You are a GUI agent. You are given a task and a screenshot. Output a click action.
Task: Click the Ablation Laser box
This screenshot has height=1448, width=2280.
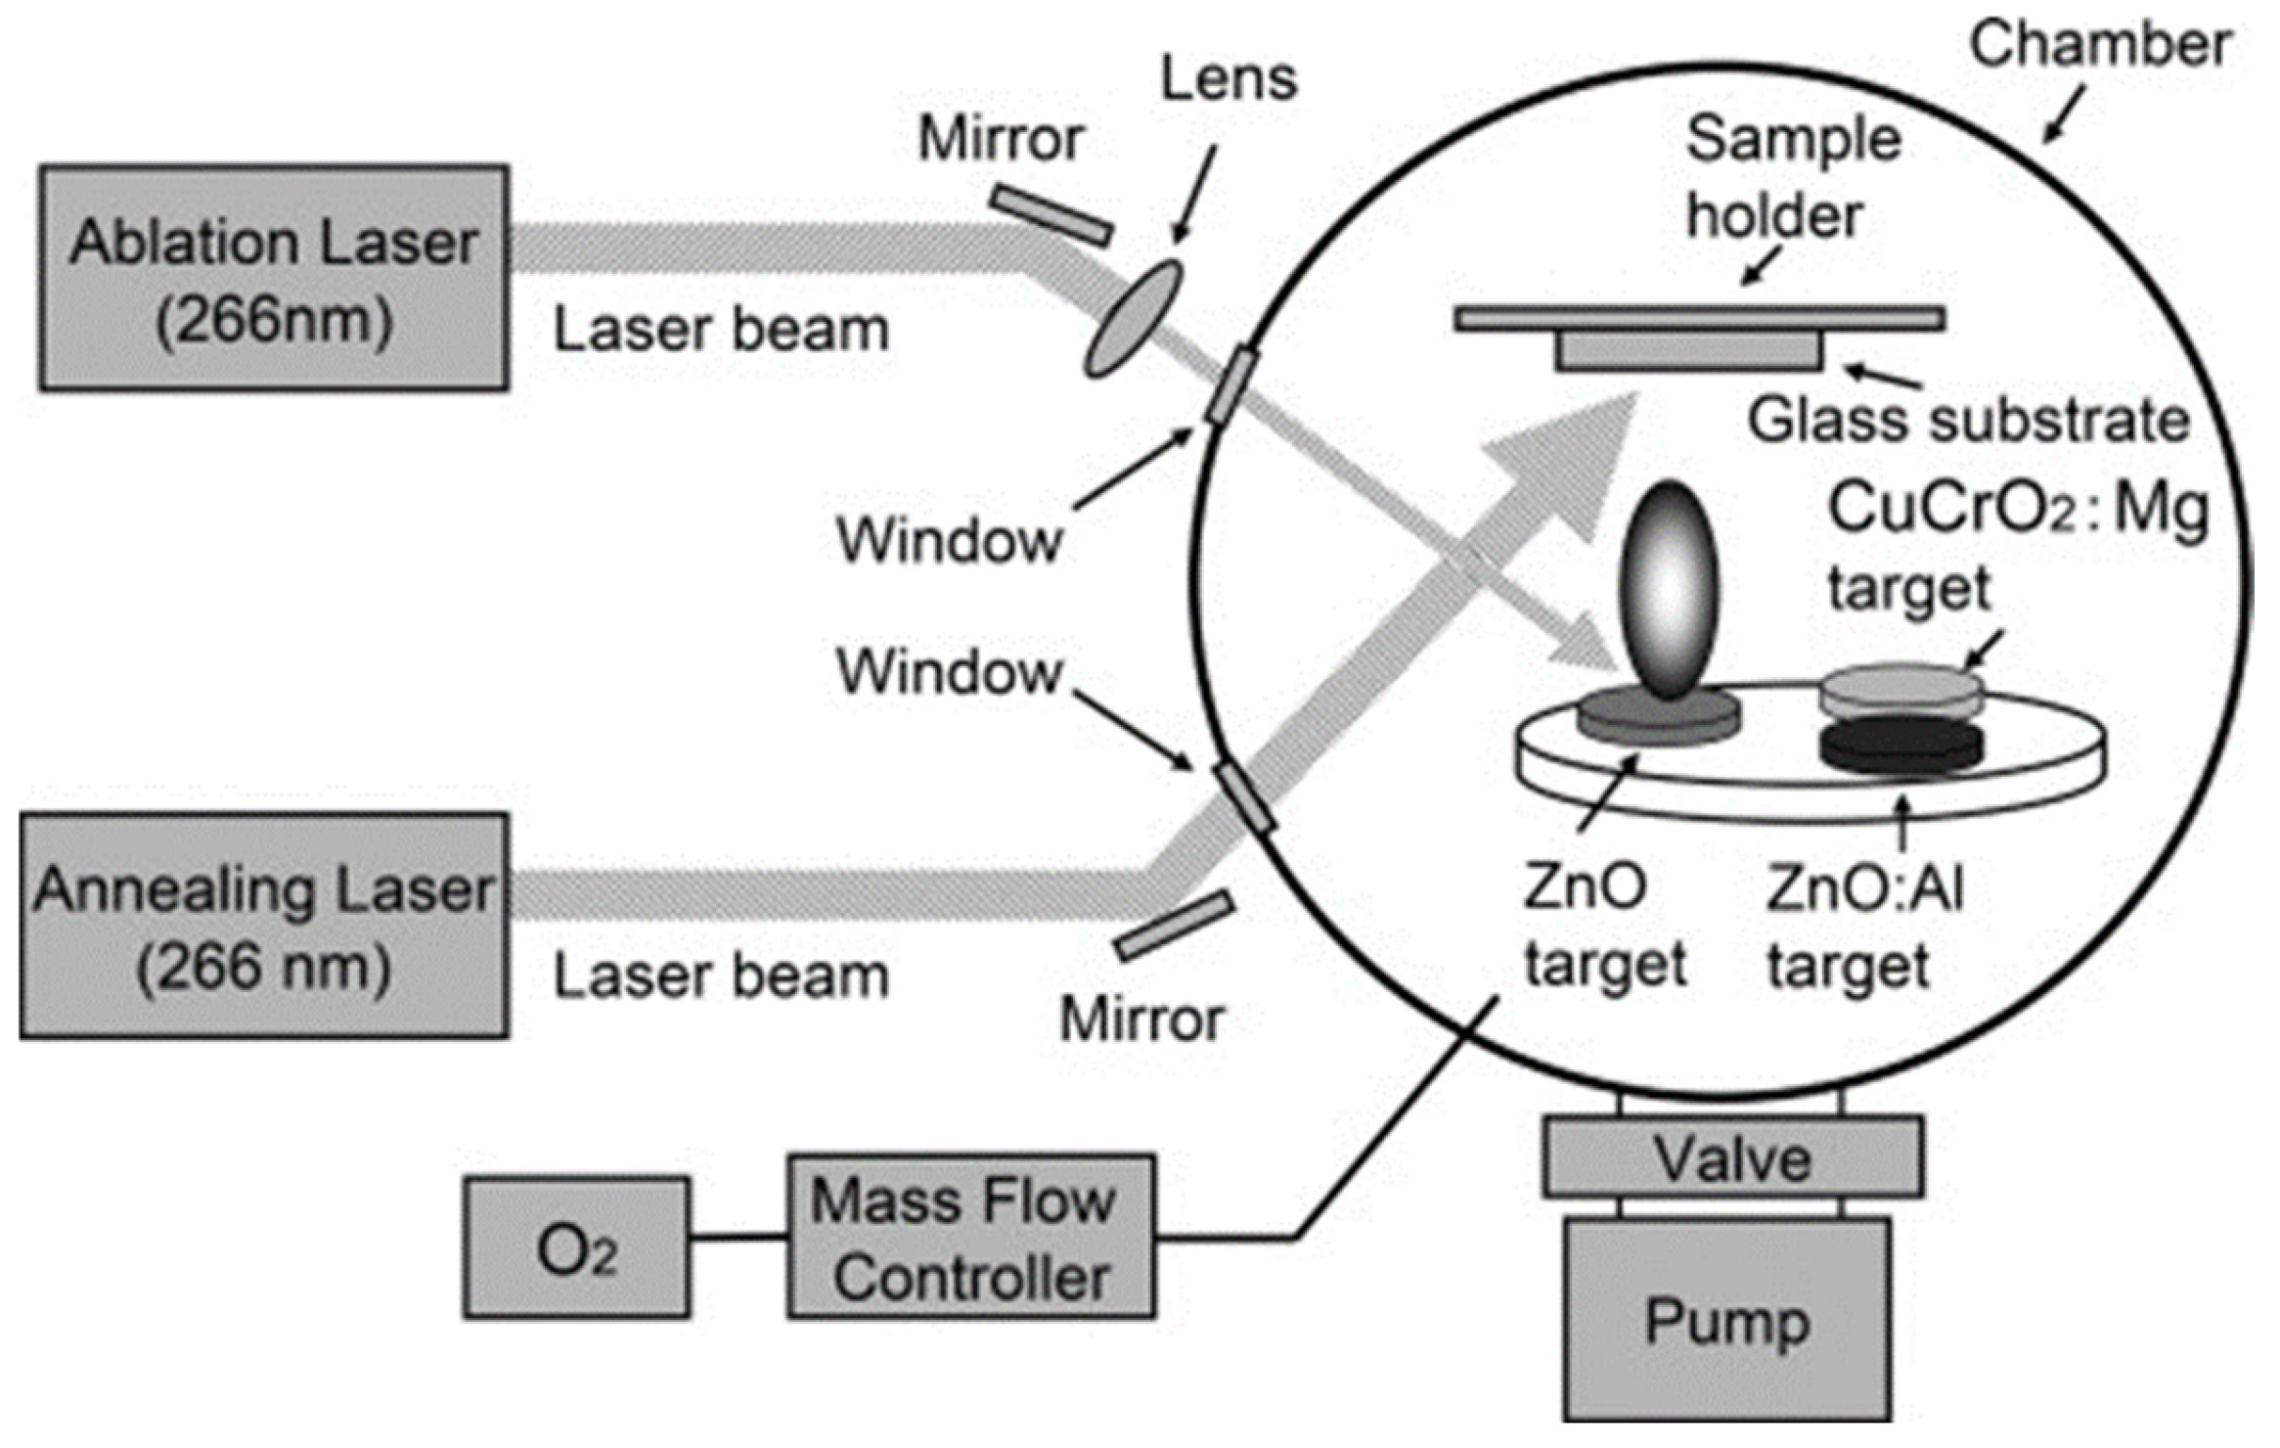click(x=274, y=278)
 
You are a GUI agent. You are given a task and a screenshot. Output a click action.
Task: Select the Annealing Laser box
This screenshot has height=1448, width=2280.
click(x=264, y=925)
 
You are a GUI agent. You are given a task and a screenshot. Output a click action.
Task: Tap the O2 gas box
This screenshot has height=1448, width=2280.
click(x=576, y=1247)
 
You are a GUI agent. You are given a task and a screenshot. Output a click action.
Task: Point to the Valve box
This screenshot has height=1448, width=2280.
click(x=1731, y=1157)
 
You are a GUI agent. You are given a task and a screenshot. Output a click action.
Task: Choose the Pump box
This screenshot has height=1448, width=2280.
click(x=1726, y=1319)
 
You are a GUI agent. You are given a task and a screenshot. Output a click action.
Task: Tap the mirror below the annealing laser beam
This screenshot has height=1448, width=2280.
click(x=1174, y=925)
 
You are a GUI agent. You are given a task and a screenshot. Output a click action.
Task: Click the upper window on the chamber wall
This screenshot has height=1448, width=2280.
click(x=1230, y=386)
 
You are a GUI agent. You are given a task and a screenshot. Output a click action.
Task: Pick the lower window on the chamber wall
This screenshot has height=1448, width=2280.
click(x=1245, y=797)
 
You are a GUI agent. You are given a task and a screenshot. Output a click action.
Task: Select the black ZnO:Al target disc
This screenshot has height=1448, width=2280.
click(x=1900, y=746)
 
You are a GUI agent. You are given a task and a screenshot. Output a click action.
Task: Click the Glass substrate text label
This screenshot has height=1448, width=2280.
click(x=1967, y=421)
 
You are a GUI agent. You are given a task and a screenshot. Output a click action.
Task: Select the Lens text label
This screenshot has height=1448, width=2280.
click(x=1229, y=78)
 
